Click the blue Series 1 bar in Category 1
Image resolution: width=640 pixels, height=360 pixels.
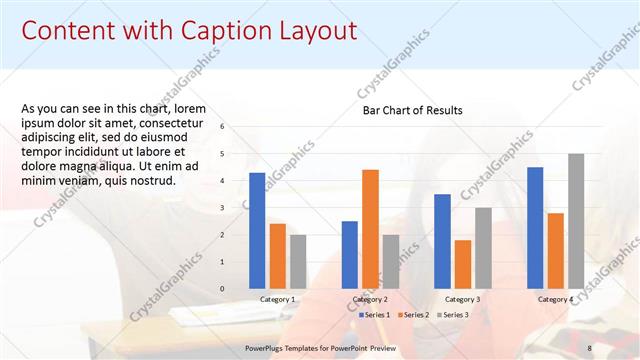coord(257,230)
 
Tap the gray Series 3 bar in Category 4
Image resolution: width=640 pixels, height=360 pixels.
coord(576,221)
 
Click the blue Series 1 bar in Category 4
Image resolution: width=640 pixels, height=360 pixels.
coord(535,227)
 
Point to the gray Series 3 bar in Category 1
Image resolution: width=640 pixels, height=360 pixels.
coord(298,261)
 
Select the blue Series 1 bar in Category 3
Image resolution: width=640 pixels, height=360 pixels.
coord(442,241)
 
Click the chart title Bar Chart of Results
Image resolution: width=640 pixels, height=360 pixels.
coord(412,110)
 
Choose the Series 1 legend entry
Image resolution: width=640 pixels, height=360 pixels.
coord(375,315)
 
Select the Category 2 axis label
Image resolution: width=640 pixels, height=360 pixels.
coord(370,299)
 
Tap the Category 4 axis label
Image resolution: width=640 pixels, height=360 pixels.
coord(555,299)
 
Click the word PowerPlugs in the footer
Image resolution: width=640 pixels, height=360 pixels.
coord(267,348)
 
